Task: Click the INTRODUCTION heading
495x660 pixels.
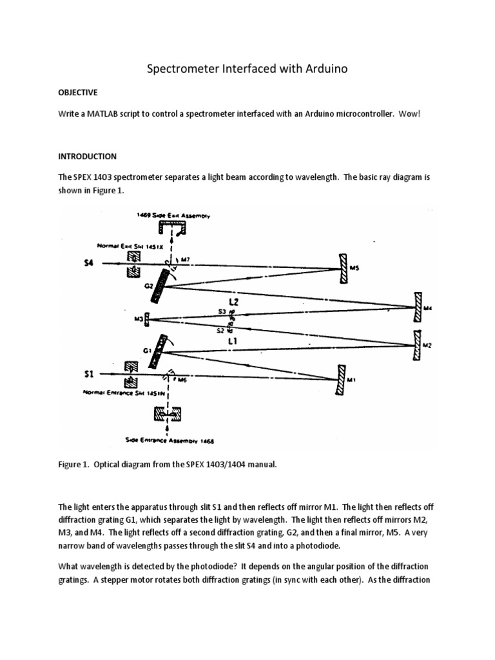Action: [x=87, y=156]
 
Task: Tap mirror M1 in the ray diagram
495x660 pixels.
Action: [x=340, y=380]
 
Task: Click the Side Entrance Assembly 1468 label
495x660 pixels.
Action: [x=171, y=442]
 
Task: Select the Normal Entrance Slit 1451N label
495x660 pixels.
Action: [x=123, y=392]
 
